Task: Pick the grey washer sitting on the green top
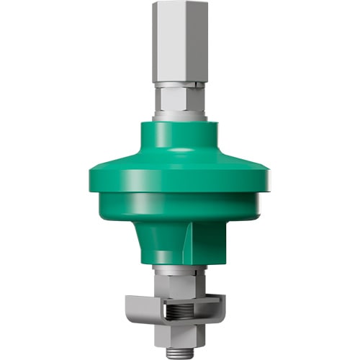180,115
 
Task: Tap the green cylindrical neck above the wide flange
180,140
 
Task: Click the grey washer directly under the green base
180,268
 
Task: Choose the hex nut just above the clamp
180,282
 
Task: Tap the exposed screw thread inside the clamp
180,312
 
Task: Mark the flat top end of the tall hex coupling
180,3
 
